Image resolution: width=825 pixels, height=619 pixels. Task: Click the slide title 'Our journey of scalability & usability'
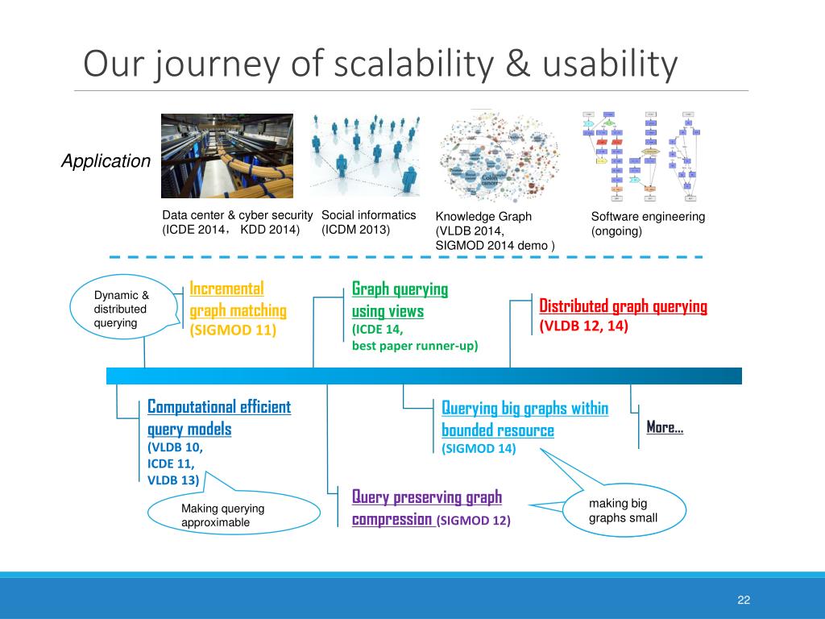(380, 65)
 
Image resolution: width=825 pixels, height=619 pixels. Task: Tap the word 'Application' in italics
(106, 161)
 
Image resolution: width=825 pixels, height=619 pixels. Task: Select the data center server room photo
(227, 156)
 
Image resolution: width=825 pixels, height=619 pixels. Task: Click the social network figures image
(366, 156)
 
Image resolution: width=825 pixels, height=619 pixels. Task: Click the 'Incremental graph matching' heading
(238, 299)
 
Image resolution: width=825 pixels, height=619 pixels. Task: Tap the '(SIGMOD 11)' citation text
(233, 330)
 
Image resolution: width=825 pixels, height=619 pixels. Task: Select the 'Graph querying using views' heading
(400, 299)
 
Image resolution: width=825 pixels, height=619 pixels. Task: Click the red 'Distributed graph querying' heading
(623, 306)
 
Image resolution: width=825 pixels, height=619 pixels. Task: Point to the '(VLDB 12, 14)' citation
(584, 326)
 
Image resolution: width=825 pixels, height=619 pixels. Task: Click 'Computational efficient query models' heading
(219, 418)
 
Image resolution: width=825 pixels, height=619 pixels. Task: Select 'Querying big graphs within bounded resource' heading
(524, 418)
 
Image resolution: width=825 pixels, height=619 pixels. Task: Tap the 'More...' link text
(665, 427)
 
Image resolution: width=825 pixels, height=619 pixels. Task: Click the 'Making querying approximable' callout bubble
(234, 515)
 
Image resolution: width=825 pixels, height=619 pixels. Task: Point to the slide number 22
(743, 600)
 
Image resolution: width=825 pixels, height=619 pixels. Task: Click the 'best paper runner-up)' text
(415, 346)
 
